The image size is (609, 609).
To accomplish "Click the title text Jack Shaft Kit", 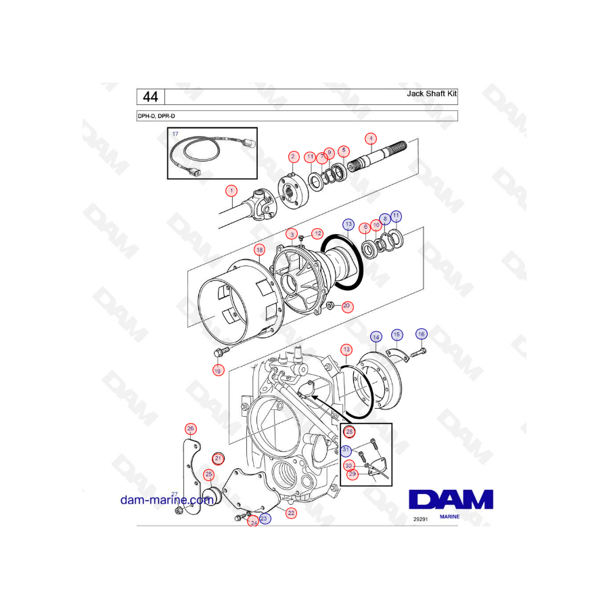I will pos(427,94).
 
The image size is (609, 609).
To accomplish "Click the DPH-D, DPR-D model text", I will pos(156,116).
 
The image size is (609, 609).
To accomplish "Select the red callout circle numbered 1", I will pos(231,191).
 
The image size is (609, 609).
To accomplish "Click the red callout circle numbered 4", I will pos(370,138).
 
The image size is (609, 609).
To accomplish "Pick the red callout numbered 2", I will pos(293,156).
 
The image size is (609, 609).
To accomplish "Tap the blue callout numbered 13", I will pos(348,223).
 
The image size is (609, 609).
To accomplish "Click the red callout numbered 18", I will pos(259,250).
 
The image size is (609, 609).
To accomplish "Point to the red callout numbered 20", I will pos(346,307).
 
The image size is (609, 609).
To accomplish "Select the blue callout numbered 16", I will pos(421,334).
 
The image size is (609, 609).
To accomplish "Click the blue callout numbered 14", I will pos(376,336).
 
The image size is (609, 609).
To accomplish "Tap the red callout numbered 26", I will pos(191,428).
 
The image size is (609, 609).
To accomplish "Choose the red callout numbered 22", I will pos(291,513).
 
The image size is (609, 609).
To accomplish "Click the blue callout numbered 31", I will pos(346,451).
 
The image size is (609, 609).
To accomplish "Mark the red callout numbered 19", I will pos(218,370).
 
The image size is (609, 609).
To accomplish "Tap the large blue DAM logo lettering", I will pos(451,500).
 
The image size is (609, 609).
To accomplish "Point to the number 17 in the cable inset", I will pos(175,134).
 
